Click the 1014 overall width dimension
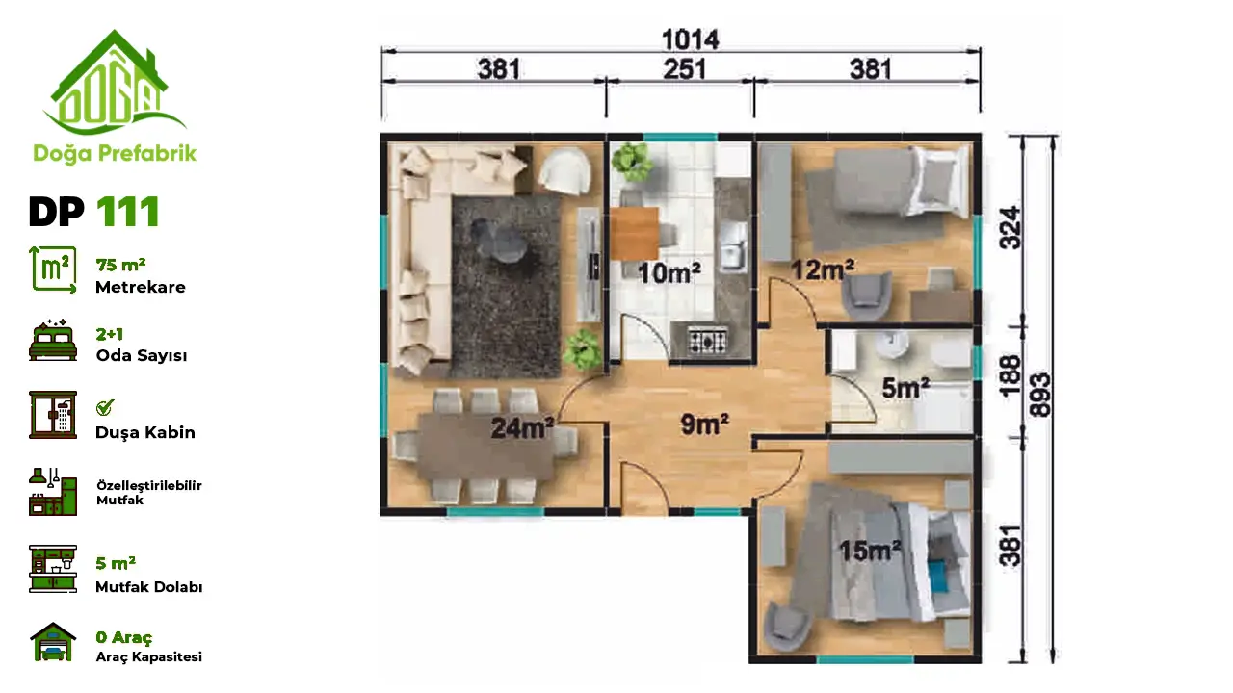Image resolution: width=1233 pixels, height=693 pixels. tap(691, 39)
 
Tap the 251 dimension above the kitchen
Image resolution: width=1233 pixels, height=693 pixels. tap(684, 69)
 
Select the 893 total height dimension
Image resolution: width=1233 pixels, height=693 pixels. tap(1039, 395)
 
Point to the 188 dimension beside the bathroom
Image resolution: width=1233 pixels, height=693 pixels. tap(1010, 376)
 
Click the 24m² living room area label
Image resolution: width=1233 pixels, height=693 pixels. tap(522, 428)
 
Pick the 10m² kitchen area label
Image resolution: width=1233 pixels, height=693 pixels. tap(669, 272)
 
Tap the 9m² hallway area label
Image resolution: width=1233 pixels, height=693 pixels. tap(704, 424)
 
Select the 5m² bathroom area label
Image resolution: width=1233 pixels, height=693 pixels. tap(905, 388)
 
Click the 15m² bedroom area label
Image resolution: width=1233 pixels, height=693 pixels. tap(870, 551)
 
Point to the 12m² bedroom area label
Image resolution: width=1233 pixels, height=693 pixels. tap(823, 269)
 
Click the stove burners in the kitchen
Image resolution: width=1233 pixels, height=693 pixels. tap(708, 340)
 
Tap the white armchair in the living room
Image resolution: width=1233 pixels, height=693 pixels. tap(564, 171)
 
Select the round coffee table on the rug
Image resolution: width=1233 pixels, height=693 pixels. tap(501, 242)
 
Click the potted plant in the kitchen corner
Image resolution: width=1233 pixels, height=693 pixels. tap(631, 161)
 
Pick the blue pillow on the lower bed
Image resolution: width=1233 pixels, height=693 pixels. tap(938, 576)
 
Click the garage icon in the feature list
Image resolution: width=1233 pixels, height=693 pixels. tap(53, 642)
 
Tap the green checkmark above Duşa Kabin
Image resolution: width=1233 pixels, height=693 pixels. tap(105, 407)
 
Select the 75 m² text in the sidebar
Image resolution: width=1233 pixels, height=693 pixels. tap(120, 265)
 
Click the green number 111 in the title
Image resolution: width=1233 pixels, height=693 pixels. tap(128, 212)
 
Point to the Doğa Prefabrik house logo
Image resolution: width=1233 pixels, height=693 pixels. tap(114, 83)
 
